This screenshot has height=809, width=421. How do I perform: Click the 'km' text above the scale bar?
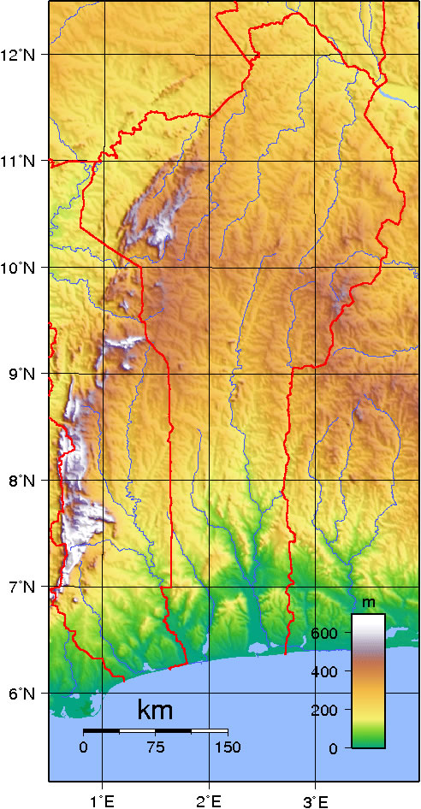coord(155,711)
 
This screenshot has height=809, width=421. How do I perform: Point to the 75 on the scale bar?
coord(155,747)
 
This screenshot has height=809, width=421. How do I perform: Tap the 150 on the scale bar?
coord(227,747)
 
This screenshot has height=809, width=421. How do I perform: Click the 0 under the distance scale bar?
coord(83,747)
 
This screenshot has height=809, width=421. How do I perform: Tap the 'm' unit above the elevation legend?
coord(369,603)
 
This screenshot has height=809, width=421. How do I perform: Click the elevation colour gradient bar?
coord(369,681)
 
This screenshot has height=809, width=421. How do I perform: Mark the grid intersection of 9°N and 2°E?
coord(210,374)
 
